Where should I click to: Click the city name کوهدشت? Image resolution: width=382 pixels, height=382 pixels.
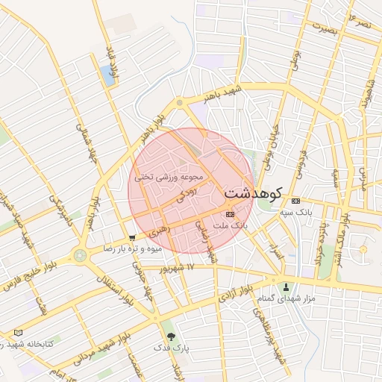[x=252, y=193]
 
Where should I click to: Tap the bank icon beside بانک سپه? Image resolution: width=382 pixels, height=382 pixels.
[x=296, y=201]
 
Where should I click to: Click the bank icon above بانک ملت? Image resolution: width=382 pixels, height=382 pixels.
[x=229, y=214]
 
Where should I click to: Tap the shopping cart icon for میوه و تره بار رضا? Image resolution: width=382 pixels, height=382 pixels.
[x=132, y=238]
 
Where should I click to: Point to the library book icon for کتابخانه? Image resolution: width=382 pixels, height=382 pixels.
[x=18, y=332]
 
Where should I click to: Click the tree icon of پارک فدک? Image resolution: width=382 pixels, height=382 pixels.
[x=172, y=336]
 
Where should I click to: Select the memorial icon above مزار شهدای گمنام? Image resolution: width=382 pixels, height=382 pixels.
[x=285, y=287]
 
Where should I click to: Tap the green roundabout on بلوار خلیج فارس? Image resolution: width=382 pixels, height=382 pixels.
[x=80, y=255]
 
